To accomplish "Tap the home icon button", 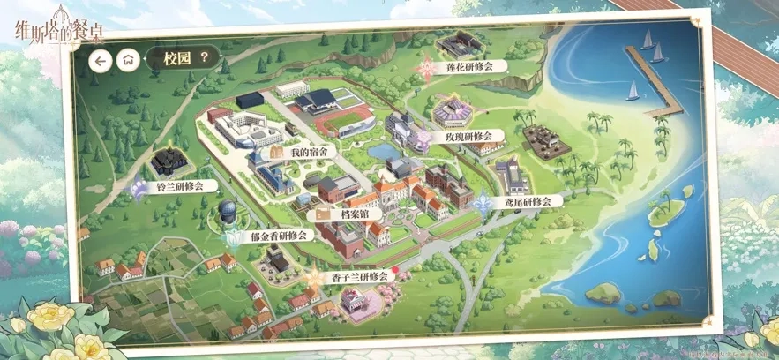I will (x=129, y=60).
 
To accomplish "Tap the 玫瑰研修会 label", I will (x=468, y=137).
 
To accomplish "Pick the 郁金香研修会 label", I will (x=278, y=236).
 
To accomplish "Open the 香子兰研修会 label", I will (x=360, y=276).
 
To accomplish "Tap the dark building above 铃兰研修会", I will (x=168, y=161).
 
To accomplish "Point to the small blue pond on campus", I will (x=382, y=152).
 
